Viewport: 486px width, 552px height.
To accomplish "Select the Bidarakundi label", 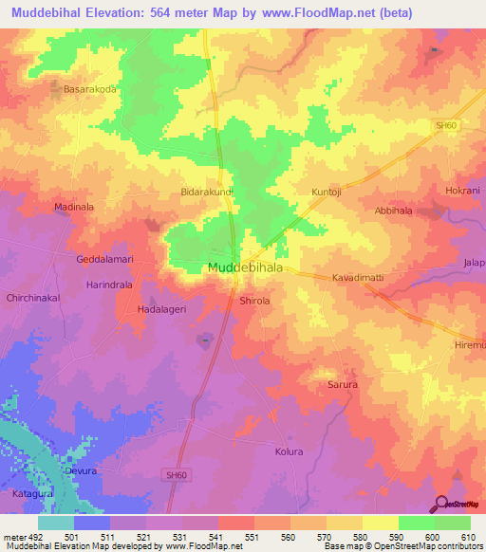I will (x=207, y=192).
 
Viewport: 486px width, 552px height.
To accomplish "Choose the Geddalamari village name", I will (x=107, y=259).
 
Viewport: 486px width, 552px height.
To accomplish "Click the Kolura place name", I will (x=289, y=451).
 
